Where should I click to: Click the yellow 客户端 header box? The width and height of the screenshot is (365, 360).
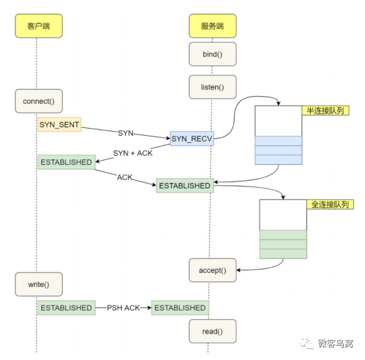pos(39,26)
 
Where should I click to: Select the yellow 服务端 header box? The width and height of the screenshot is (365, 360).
pos(212,26)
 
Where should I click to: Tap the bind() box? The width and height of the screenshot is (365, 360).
pos(212,54)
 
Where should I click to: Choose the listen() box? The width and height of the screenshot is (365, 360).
pos(212,87)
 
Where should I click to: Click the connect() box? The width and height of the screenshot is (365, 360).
pos(39,101)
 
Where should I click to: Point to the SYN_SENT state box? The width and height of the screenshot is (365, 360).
pos(59,124)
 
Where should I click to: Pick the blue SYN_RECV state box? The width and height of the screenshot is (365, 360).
pos(192,139)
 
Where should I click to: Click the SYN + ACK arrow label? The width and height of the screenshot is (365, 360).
pos(133,153)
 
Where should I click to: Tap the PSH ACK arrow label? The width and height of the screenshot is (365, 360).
pos(123,308)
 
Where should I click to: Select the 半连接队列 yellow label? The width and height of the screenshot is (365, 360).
pos(325,111)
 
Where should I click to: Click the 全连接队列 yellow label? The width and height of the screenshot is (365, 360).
pos(330,204)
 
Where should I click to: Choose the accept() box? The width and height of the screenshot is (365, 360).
pos(212,270)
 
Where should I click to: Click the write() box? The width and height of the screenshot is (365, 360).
pos(39,284)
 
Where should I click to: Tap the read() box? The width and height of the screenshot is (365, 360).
pos(212,331)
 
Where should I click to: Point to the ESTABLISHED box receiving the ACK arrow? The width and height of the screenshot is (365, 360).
pos(185,186)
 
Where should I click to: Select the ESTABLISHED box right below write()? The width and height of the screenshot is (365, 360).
pos(66,307)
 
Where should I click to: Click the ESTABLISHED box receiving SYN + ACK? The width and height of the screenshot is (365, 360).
pos(66,162)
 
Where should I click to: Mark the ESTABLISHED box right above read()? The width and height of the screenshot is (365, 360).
pos(180,307)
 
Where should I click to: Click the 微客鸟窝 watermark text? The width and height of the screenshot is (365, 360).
pos(336,343)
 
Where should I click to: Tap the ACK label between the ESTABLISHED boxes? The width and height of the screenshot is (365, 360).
pos(124,178)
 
